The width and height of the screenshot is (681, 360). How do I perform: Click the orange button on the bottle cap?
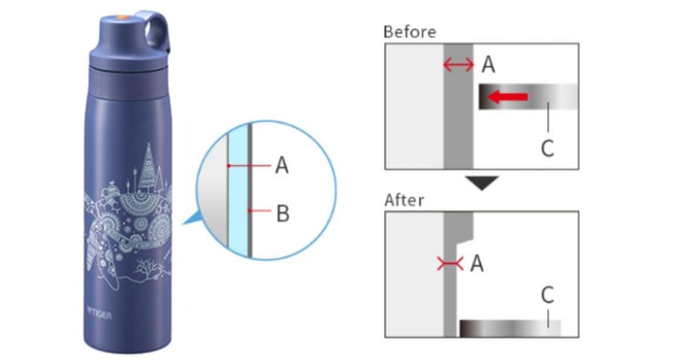pos(123,18)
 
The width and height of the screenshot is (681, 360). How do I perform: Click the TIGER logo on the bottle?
pos(100,313)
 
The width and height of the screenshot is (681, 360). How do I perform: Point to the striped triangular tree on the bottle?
pos(148,167)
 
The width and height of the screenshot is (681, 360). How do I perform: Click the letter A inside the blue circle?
pos(282,165)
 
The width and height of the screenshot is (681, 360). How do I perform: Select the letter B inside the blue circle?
pos(283,213)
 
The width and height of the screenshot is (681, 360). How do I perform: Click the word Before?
pos(409,32)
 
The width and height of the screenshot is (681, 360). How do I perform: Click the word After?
pos(404,200)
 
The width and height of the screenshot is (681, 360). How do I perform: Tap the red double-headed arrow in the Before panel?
pos(458,65)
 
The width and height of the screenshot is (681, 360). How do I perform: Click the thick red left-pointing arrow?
pos(508,96)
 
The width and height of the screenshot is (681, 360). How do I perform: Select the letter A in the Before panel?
pos(489,64)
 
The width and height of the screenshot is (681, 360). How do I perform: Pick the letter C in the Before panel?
pos(548,148)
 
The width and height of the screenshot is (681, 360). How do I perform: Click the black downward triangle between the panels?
pos(482,182)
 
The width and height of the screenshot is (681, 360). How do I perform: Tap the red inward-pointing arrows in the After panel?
pos(449,263)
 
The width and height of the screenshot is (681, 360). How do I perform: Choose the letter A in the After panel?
pos(477,263)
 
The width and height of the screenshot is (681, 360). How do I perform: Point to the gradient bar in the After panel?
pos(510,328)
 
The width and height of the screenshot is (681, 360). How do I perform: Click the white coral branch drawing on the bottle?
pos(150,268)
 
